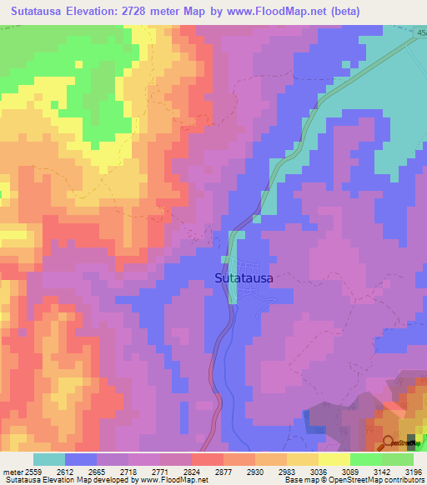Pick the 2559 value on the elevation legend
tap(33, 471)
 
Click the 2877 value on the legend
tap(223, 471)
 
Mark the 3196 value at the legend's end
tap(413, 471)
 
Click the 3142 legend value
tap(381, 471)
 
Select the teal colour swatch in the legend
tap(49, 459)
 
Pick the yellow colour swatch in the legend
tap(334, 459)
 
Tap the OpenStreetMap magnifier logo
tap(389, 442)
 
